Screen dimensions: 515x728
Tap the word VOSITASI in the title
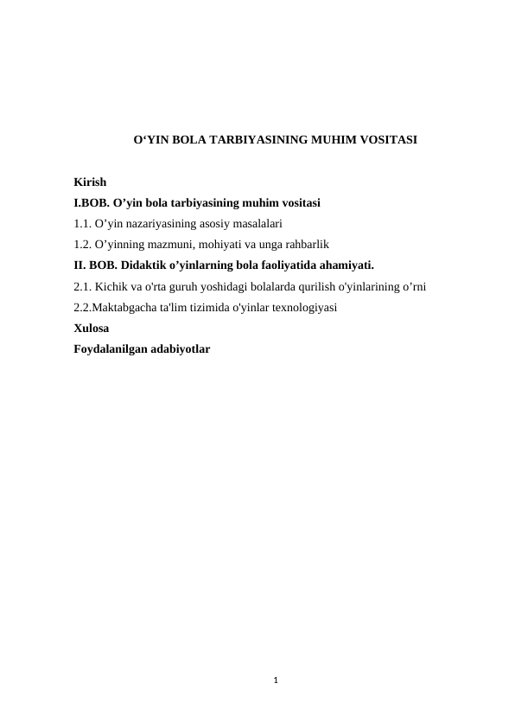386,138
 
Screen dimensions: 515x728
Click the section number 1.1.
83,224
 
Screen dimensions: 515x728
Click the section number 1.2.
83,245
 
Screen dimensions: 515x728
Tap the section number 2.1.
83,286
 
